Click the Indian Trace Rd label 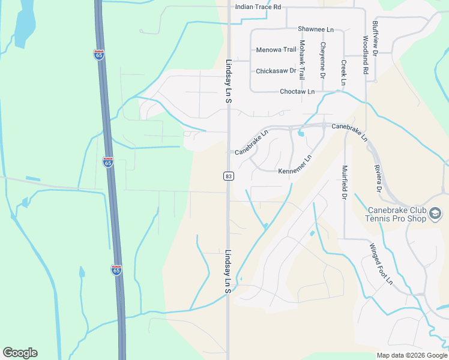[258, 7]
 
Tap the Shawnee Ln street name [315, 29]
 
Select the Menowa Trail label [276, 50]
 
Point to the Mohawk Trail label [302, 61]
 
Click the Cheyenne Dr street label [322, 61]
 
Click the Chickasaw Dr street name [276, 71]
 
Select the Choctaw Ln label [297, 92]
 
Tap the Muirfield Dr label [345, 182]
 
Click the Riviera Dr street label [378, 178]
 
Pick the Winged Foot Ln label [381, 263]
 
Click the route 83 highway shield [228, 176]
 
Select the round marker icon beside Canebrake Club [436, 214]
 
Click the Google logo [20, 353]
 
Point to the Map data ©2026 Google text [411, 355]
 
